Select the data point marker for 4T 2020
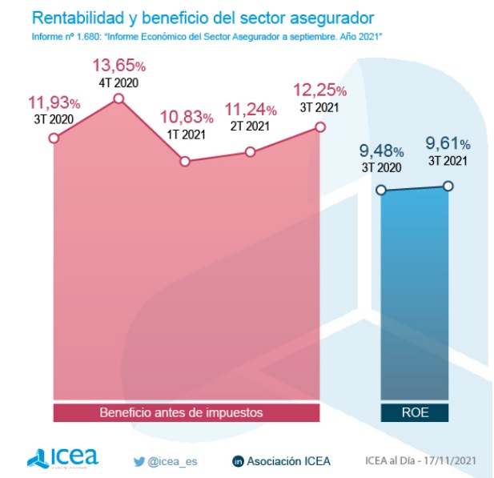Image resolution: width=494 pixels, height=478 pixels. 118,98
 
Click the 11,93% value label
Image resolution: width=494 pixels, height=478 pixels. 54,102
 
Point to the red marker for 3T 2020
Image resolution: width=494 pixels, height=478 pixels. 54,138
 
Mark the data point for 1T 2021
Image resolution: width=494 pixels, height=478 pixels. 185,161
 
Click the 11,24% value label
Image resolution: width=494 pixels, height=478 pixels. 251,109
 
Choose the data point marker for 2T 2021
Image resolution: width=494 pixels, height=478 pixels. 251,151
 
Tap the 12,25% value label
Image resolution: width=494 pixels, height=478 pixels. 319,90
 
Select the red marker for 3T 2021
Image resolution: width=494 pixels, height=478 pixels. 320,127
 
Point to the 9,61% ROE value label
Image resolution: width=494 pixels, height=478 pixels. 448,144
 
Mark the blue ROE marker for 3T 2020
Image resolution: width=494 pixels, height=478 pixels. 381,190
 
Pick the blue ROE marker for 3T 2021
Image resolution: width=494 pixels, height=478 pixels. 448,186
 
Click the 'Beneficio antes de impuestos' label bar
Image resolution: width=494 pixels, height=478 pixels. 187,412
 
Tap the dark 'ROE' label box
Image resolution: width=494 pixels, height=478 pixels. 414,412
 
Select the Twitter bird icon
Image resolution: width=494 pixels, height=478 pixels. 139,460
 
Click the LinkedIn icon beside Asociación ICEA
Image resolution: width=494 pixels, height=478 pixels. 238,461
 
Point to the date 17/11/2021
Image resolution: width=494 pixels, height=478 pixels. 455,460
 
